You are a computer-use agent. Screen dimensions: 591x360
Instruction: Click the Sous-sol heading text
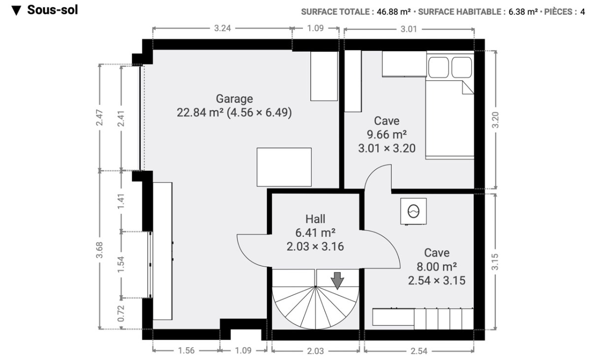point(53,10)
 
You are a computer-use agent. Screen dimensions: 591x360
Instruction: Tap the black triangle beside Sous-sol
point(16,10)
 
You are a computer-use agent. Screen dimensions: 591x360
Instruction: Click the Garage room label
point(234,98)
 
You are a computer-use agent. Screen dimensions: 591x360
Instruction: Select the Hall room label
point(315,219)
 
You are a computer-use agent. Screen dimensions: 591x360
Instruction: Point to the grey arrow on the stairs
point(337,281)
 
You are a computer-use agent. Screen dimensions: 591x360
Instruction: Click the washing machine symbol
point(413,211)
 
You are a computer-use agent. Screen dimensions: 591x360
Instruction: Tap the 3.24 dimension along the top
point(223,28)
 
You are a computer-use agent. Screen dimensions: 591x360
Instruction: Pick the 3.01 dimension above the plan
point(409,29)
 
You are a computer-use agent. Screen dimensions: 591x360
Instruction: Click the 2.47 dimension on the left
point(99,117)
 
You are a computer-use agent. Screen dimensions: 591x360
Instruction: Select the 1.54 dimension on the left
point(121,264)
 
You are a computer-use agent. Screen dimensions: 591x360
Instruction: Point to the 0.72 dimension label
point(121,314)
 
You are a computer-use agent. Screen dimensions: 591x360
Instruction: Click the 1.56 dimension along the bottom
point(186,351)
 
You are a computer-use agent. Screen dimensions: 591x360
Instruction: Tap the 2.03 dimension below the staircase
point(315,351)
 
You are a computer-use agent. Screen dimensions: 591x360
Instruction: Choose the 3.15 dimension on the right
point(495,262)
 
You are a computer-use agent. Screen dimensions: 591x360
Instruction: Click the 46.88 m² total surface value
point(394,12)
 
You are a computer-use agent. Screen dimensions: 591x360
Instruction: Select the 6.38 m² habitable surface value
point(523,12)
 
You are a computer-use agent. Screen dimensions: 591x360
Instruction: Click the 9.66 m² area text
point(387,134)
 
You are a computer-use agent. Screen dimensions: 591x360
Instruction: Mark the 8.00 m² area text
point(437,266)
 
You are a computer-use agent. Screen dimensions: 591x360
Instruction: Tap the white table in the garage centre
point(284,167)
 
